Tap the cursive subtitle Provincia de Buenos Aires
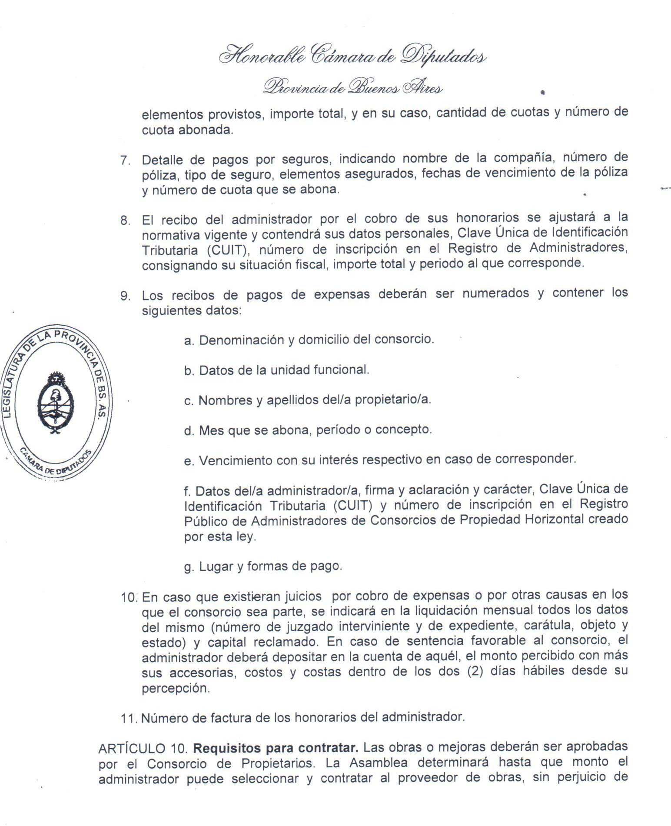tap(352, 87)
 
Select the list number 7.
tap(125, 160)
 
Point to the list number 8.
tap(125, 220)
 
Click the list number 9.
tap(125, 296)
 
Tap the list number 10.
tap(129, 597)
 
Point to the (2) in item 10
tap(475, 671)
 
